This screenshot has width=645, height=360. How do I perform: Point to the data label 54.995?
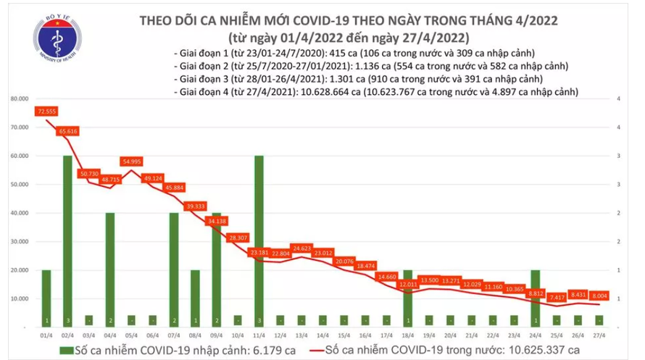coord(131,161)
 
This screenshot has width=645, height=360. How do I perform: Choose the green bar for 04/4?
coord(109,269)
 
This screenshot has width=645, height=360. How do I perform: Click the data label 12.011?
coord(407,285)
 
